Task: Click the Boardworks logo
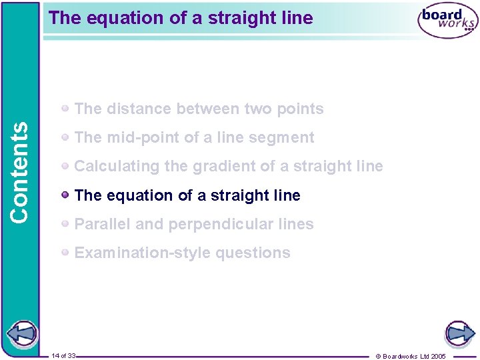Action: (x=447, y=21)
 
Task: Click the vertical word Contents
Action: (x=20, y=171)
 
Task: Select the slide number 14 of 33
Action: (x=63, y=355)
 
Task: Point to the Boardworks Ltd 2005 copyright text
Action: (x=411, y=356)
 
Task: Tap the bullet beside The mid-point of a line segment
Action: (x=65, y=137)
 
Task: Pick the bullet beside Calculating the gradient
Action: (x=65, y=166)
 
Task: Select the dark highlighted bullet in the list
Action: (x=65, y=195)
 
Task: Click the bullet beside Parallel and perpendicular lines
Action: (x=65, y=224)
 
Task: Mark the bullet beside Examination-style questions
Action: (x=65, y=253)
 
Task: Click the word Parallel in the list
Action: (x=103, y=224)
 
